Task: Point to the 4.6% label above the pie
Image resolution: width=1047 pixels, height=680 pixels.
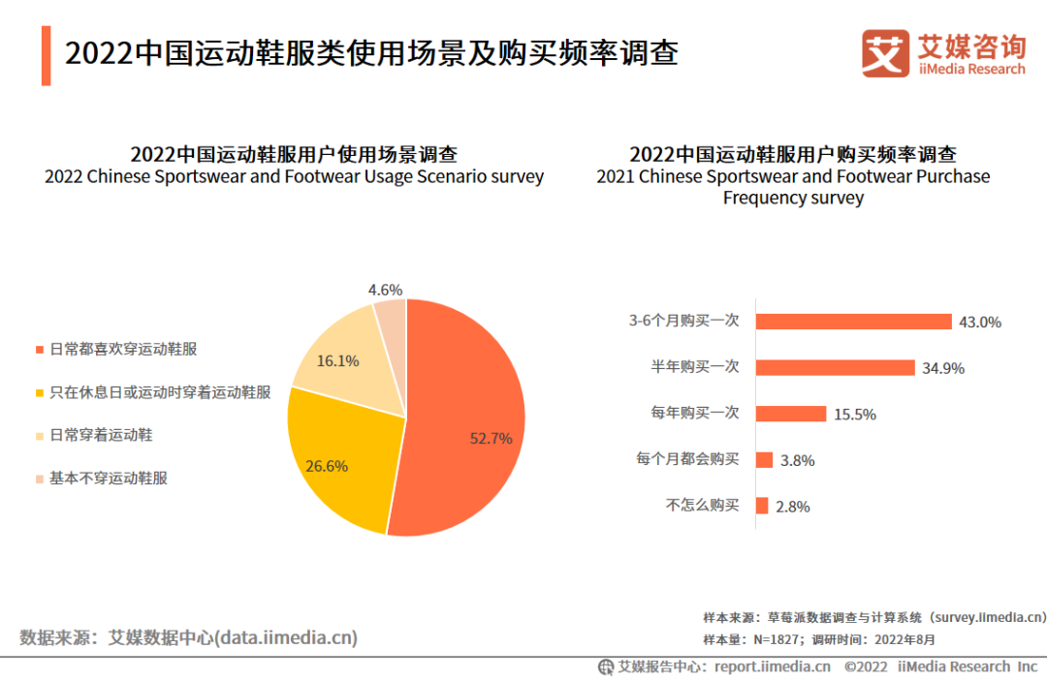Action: (x=385, y=290)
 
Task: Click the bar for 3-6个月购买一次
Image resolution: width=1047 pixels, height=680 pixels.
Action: (x=853, y=322)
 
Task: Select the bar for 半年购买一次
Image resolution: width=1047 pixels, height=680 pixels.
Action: (x=835, y=367)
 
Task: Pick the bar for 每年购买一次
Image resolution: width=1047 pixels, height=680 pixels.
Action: (x=790, y=414)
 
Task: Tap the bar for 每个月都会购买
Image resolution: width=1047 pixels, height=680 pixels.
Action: (x=764, y=460)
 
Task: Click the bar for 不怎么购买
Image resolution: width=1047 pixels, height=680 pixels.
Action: (x=762, y=506)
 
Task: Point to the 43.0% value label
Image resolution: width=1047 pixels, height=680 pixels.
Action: (x=979, y=323)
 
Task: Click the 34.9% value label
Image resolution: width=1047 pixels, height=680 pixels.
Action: (x=943, y=368)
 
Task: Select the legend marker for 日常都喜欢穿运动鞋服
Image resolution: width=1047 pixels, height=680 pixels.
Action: (x=39, y=350)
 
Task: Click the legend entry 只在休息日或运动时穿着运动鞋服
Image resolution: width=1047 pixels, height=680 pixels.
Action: (x=160, y=392)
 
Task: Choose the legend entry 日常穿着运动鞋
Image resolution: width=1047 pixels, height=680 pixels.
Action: (x=101, y=436)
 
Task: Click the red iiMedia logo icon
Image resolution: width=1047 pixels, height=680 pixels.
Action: (x=885, y=53)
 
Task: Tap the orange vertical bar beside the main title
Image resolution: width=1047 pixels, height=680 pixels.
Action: (x=46, y=55)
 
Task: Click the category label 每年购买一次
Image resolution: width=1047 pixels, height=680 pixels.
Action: (x=695, y=413)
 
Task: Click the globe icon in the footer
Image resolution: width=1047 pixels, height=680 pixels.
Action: (x=606, y=666)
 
